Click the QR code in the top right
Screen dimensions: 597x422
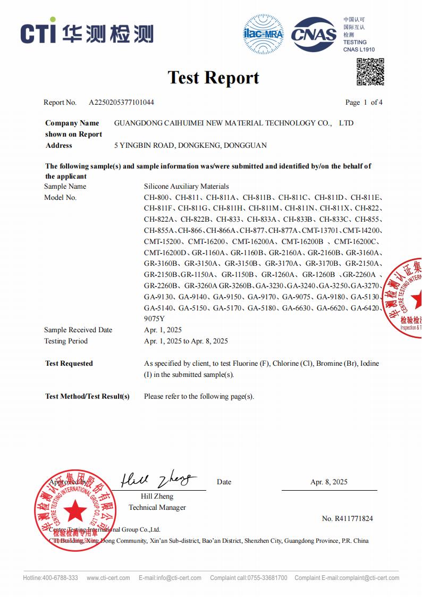point(370,72)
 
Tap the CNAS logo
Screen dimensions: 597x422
point(314,35)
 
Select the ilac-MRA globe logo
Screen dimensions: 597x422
point(263,35)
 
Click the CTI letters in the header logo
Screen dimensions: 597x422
point(38,33)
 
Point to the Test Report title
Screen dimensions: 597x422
point(214,78)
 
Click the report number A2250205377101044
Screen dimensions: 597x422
point(121,102)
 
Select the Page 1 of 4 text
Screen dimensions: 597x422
point(364,102)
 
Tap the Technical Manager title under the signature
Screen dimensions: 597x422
point(157,507)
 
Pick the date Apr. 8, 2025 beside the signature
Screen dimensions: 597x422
point(329,482)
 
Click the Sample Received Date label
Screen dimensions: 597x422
point(78,330)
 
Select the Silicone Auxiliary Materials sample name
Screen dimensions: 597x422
point(186,186)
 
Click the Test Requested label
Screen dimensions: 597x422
point(69,364)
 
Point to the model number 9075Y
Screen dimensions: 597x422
point(154,319)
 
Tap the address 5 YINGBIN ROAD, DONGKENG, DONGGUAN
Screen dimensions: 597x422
point(190,145)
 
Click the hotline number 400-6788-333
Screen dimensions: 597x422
point(60,578)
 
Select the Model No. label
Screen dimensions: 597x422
point(60,197)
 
